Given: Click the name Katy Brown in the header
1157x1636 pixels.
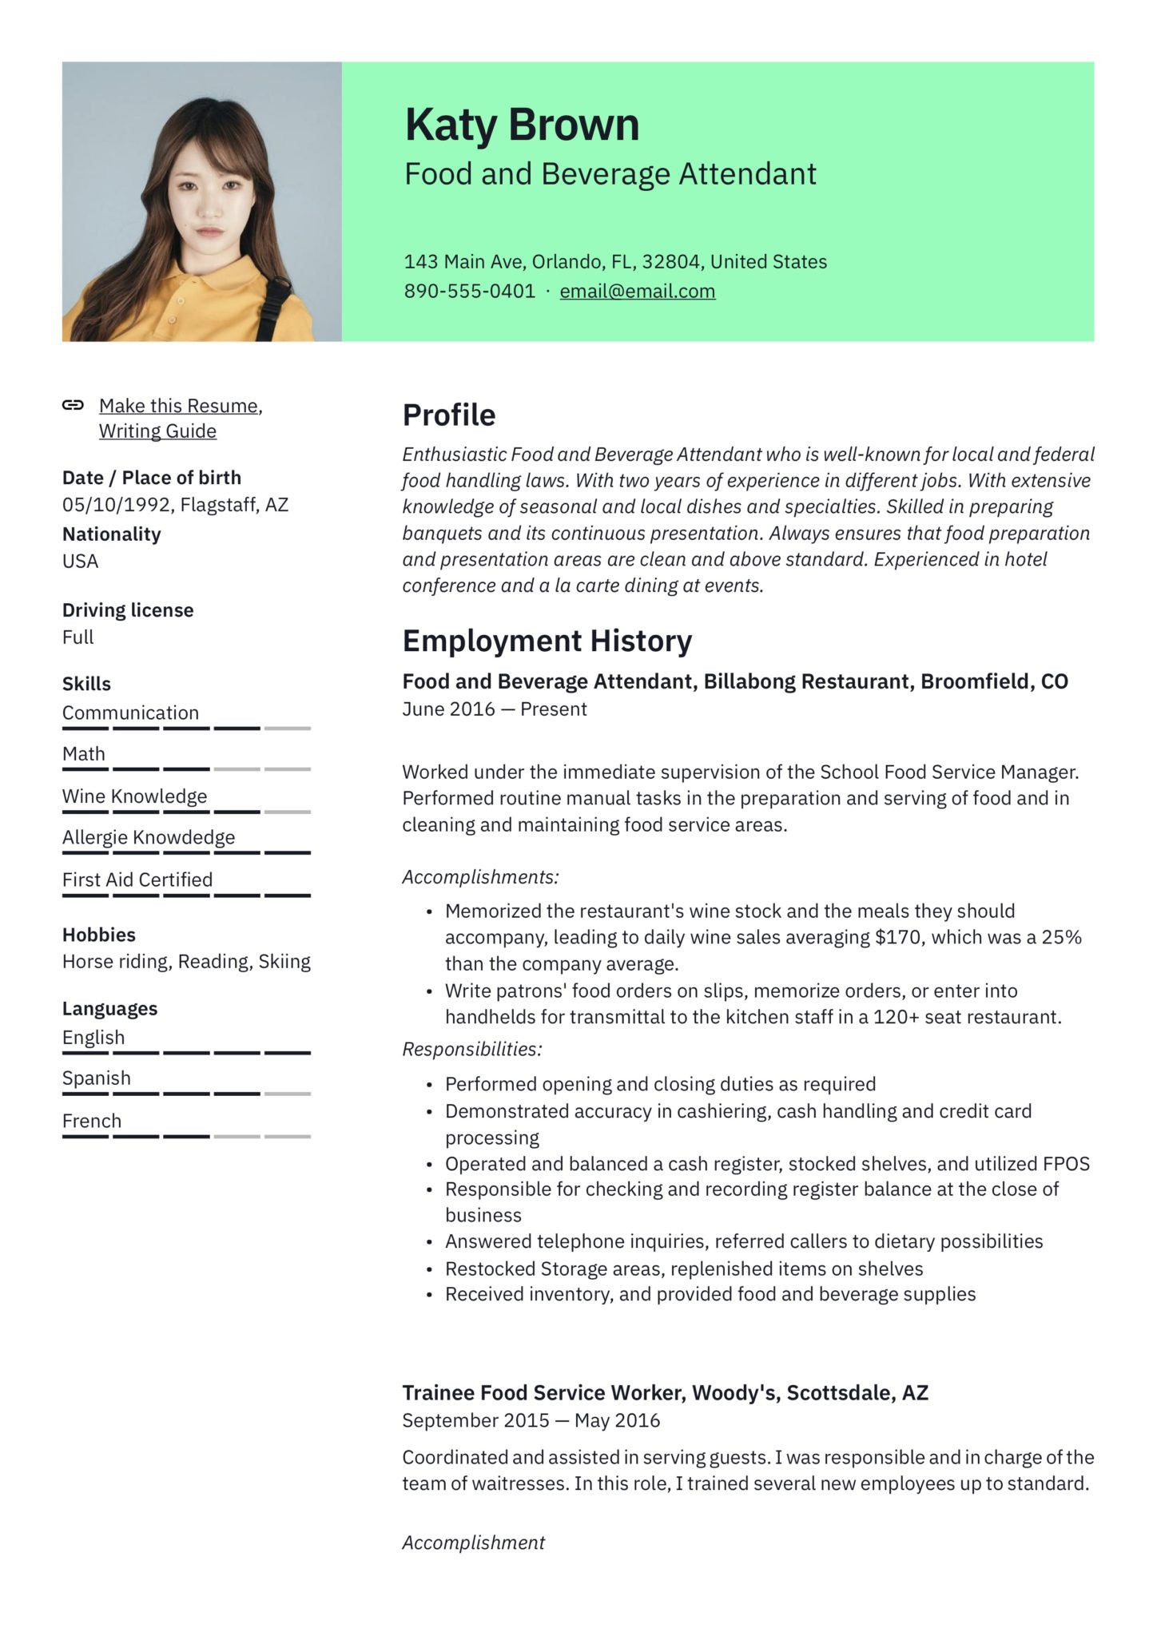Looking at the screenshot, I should pyautogui.click(x=522, y=125).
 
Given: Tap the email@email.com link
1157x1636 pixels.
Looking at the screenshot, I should pyautogui.click(x=637, y=291).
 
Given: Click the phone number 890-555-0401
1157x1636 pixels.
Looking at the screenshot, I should pyautogui.click(x=469, y=291).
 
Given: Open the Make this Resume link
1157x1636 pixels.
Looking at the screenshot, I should pyautogui.click(x=179, y=406).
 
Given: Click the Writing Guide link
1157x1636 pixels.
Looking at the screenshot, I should pyautogui.click(x=157, y=431).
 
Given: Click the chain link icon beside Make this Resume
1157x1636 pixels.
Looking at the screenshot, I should pyautogui.click(x=73, y=405).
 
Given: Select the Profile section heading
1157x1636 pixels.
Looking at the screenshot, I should pyautogui.click(x=448, y=415).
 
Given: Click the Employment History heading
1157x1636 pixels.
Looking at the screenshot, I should pyautogui.click(x=547, y=641).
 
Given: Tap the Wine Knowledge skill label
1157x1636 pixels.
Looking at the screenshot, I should pyautogui.click(x=134, y=796).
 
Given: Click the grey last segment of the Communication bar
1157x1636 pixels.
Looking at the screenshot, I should pyautogui.click(x=287, y=729).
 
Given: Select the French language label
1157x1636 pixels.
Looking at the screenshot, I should pyautogui.click(x=92, y=1121).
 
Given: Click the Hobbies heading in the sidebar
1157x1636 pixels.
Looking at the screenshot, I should pyautogui.click(x=98, y=934).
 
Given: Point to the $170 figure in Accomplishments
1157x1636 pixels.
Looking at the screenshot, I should pyautogui.click(x=898, y=937).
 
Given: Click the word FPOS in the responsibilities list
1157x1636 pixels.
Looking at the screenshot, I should pyautogui.click(x=1066, y=1163).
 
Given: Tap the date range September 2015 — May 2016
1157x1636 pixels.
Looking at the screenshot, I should pyautogui.click(x=531, y=1420).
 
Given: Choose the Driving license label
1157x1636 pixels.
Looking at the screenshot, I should pyautogui.click(x=128, y=610).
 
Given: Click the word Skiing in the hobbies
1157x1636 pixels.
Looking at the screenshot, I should pyautogui.click(x=284, y=961).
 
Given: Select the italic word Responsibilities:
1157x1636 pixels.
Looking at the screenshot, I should pyautogui.click(x=471, y=1049).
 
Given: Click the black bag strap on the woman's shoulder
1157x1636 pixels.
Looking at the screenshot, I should pyautogui.click(x=275, y=304).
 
